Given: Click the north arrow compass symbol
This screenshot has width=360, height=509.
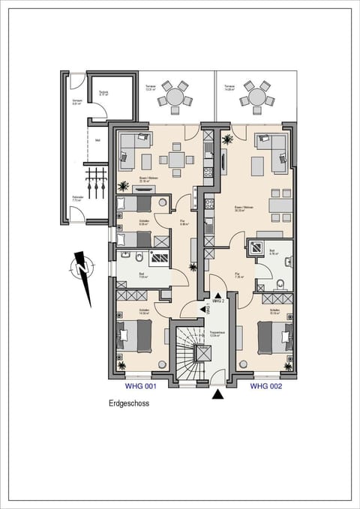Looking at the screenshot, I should click(x=81, y=267).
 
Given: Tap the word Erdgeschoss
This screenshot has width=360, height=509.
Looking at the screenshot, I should click(x=129, y=403).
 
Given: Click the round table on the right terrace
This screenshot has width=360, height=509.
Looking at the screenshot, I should click(x=256, y=97).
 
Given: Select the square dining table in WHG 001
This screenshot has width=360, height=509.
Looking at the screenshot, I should click(x=177, y=159).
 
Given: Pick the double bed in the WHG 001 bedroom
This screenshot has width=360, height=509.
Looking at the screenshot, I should click(x=137, y=335).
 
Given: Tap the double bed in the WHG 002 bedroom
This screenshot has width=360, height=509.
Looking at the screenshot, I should click(x=271, y=335).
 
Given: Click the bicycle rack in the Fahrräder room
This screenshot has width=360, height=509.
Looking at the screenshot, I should click(x=94, y=180).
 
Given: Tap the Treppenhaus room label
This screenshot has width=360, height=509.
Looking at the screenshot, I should click(x=217, y=332).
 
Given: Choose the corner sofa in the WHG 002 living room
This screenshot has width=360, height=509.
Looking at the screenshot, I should click(x=271, y=146).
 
